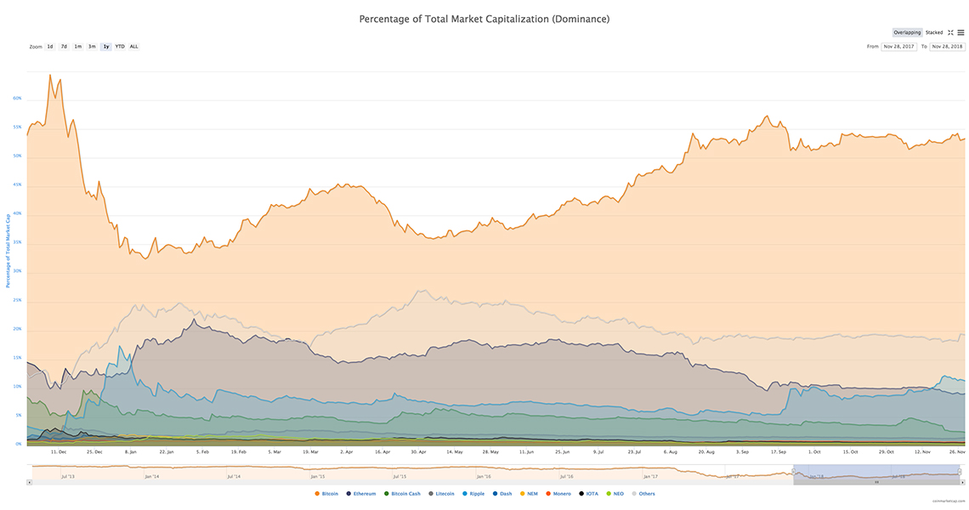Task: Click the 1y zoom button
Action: tap(105, 47)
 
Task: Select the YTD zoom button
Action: tap(120, 47)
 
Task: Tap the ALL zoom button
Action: tap(134, 47)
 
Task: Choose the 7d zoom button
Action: tap(64, 47)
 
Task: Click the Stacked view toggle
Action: tap(934, 32)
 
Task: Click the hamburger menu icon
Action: tap(960, 32)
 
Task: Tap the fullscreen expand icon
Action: tap(950, 32)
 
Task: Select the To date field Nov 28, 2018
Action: tap(947, 47)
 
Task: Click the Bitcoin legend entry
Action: tap(326, 494)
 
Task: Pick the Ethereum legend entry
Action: tap(360, 494)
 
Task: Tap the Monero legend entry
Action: tap(558, 494)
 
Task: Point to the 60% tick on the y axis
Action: tap(17, 99)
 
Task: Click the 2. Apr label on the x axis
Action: tap(347, 452)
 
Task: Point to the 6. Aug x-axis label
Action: tap(671, 452)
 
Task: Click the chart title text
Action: tap(484, 18)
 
